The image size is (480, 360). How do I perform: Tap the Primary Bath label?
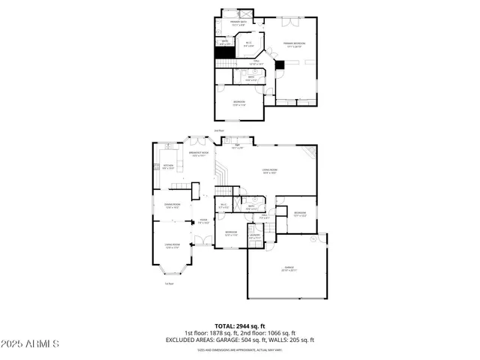click(x=238, y=23)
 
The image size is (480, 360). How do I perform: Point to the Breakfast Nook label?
click(x=199, y=154)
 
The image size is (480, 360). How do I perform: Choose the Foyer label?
click(x=202, y=220)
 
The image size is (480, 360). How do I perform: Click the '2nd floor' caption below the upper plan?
click(x=220, y=130)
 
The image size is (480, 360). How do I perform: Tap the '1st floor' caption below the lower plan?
click(x=169, y=283)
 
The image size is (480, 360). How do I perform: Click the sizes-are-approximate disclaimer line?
click(x=240, y=349)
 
